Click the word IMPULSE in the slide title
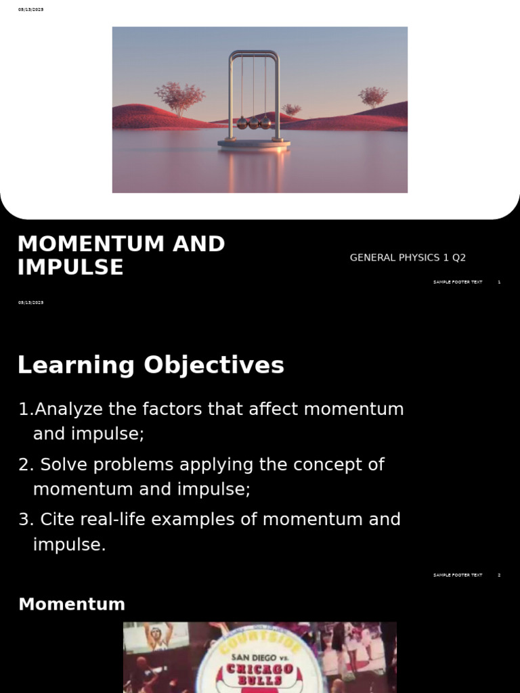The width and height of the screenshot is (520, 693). [x=70, y=268]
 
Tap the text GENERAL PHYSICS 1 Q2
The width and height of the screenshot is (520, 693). [x=408, y=258]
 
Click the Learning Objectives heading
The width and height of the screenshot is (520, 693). [x=150, y=365]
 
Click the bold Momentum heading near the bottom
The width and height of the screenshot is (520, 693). [x=72, y=604]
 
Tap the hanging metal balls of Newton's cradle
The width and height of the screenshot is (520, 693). [x=254, y=122]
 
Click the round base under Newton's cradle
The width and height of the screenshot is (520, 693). [x=254, y=143]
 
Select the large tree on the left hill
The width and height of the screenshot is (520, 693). [x=179, y=97]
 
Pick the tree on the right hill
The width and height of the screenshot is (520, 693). [x=373, y=96]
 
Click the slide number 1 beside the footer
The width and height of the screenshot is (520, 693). [x=499, y=282]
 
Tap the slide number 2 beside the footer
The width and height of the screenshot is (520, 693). [x=499, y=575]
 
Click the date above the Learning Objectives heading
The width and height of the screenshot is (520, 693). [x=30, y=303]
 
